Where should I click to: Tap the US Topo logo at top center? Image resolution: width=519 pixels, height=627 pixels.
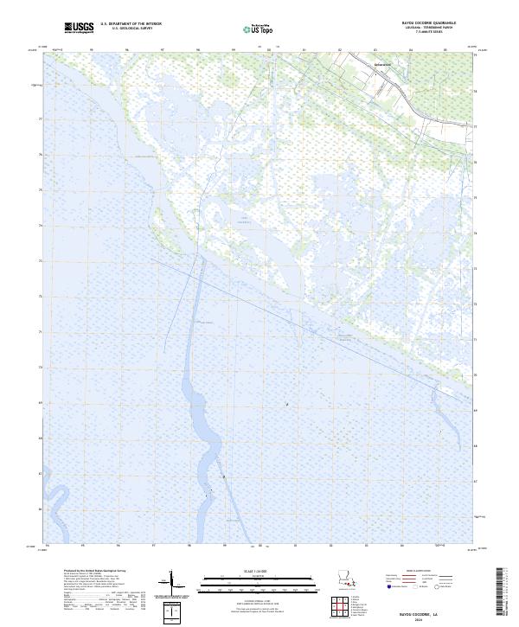259,29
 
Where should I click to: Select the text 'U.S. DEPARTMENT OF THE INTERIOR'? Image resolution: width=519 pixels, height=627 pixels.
131,24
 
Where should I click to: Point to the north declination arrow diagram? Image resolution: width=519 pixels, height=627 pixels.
173,580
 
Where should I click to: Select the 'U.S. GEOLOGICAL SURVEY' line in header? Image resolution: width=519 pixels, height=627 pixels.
131,29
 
